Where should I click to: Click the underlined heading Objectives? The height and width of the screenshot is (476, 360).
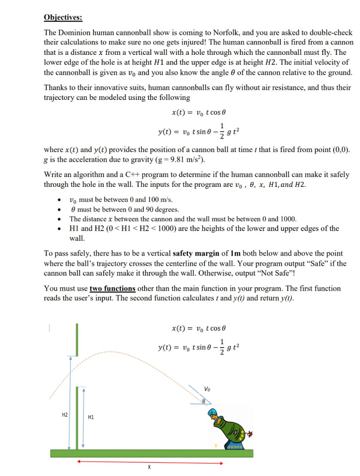pos(63,18)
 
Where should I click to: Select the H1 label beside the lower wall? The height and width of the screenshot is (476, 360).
pos(91,417)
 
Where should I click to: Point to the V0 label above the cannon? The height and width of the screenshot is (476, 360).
pos(207,389)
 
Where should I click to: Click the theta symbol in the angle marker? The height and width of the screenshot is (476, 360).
pos(204,400)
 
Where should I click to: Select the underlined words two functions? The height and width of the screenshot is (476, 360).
pos(112,289)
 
